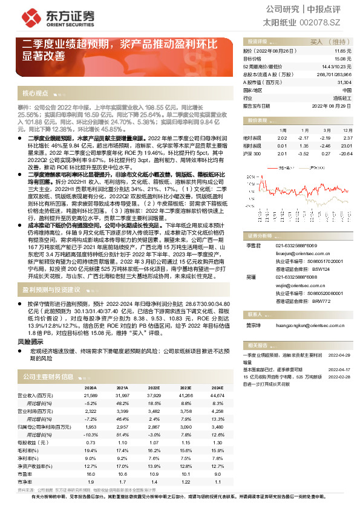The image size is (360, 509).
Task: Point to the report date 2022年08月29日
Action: coord(333,105)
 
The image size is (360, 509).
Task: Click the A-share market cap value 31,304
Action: coord(344,82)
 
